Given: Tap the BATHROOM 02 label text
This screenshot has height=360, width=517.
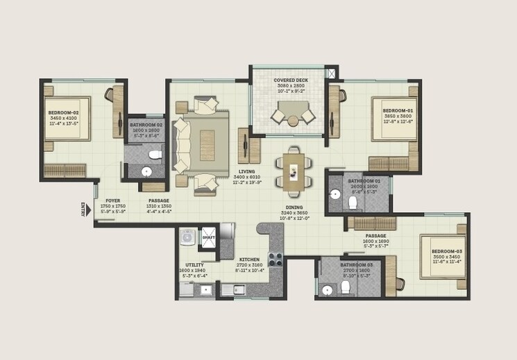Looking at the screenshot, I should pyautogui.click(x=146, y=125).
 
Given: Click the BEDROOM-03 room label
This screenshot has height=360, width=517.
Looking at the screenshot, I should pyautogui.click(x=446, y=251).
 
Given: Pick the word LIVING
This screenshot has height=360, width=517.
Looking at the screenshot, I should pyautogui.click(x=246, y=171).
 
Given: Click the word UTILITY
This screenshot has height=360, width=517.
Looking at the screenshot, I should pyautogui.click(x=194, y=264).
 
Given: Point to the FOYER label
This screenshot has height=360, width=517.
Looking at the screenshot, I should pyautogui.click(x=112, y=200).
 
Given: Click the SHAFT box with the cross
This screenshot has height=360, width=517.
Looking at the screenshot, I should pyautogui.click(x=208, y=237).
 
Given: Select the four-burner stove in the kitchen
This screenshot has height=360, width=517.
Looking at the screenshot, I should pyautogui.click(x=275, y=259).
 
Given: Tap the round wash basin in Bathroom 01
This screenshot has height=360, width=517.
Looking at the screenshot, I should pyautogui.click(x=334, y=195).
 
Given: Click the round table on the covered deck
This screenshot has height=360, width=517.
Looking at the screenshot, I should pyautogui.click(x=293, y=121).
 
